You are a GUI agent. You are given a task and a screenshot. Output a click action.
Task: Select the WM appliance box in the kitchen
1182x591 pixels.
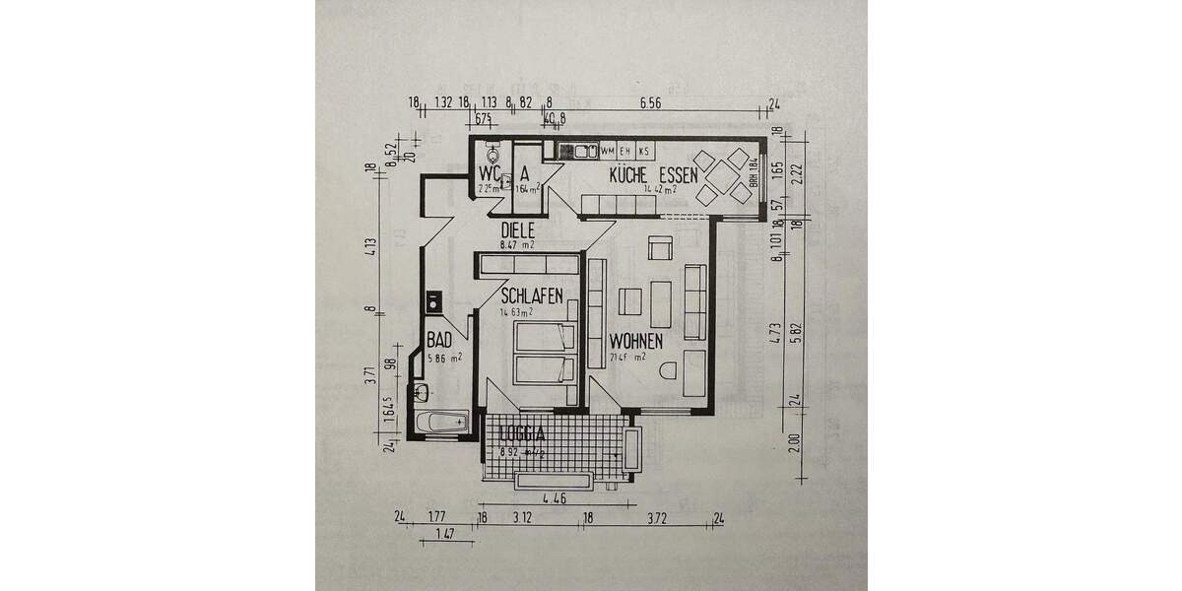click(x=608, y=151)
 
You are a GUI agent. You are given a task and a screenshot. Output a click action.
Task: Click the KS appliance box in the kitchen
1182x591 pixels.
click(x=643, y=151)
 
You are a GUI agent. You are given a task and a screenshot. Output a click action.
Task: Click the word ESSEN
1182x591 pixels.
click(x=680, y=175)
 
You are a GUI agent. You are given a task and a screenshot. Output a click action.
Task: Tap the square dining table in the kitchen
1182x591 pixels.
click(x=721, y=177)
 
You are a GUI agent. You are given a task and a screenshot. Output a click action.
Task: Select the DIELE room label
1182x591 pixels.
click(x=517, y=230)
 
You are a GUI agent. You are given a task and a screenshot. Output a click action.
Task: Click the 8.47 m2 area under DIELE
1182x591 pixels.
click(x=517, y=244)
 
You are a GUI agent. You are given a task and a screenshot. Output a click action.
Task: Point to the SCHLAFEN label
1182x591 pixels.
click(x=532, y=295)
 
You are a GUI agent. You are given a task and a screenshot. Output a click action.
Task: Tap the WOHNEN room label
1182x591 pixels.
click(x=635, y=340)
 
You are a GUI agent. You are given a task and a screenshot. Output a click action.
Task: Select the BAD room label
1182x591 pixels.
click(x=439, y=341)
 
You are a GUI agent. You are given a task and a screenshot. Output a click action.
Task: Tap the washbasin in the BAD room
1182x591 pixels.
click(x=422, y=392)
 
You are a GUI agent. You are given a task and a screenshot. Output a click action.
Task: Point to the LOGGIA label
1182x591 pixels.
click(x=522, y=434)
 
